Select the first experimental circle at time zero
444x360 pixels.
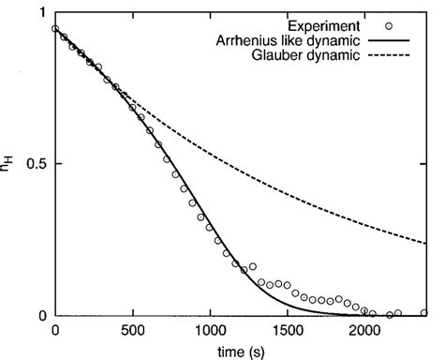point(56,29)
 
